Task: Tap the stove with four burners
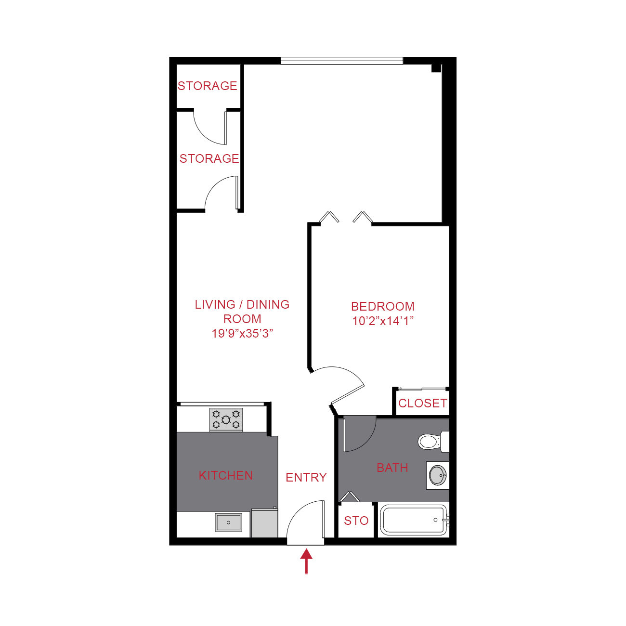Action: (226, 419)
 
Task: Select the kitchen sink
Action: (228, 522)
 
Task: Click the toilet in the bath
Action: (430, 441)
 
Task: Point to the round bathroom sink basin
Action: (438, 475)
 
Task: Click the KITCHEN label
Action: (226, 476)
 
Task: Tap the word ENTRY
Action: (306, 477)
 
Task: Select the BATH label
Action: (392, 468)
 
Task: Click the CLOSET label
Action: (423, 403)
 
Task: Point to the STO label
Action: (356, 521)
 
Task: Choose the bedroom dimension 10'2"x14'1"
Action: (383, 321)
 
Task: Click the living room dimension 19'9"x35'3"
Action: (242, 333)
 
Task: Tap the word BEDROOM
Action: (383, 306)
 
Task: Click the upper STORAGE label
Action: (208, 86)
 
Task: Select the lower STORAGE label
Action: (209, 158)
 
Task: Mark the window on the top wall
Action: (341, 61)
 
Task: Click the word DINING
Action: (268, 304)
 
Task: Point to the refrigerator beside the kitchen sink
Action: (264, 523)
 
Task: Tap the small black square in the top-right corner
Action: (436, 68)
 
